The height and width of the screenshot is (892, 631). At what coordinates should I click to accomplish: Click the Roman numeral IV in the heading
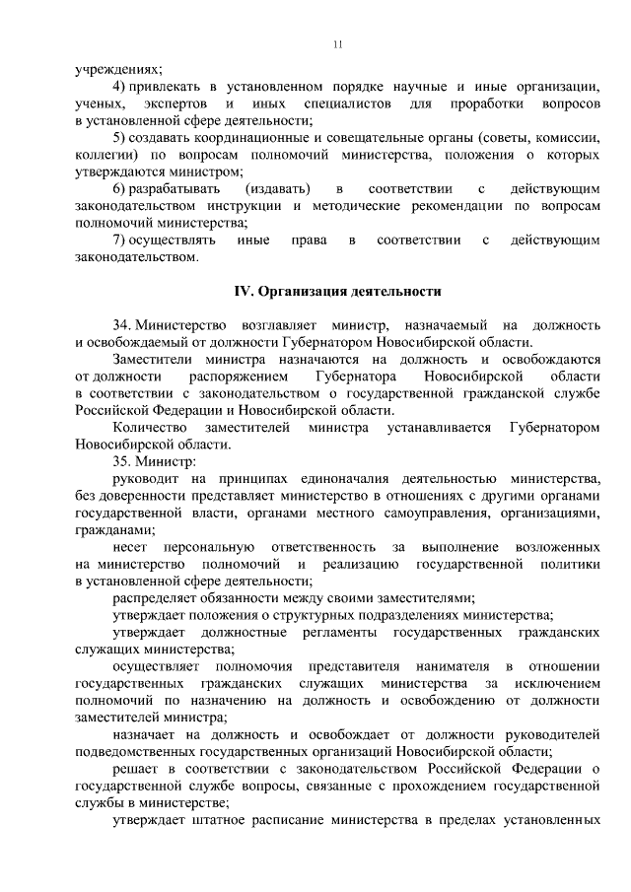coord(243,292)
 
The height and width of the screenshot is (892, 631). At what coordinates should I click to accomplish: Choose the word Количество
coord(150,428)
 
